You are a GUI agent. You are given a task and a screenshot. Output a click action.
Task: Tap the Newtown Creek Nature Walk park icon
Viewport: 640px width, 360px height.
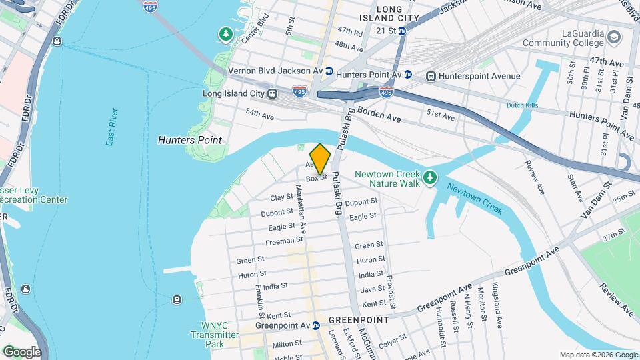pos(431,177)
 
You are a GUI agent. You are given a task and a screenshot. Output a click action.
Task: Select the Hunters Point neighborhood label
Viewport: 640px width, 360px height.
pos(189,140)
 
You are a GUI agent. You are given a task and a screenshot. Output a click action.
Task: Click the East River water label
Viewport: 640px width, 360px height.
pos(111,127)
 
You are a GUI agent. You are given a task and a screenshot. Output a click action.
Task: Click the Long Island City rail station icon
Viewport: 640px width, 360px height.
pos(272,94)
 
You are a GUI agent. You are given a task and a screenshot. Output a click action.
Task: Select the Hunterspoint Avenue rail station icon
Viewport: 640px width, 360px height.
pos(431,76)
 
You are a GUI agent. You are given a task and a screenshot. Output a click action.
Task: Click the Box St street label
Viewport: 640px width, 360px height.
pos(316,178)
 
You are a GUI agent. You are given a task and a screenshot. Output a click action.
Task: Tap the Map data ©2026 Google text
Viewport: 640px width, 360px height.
pos(598,355)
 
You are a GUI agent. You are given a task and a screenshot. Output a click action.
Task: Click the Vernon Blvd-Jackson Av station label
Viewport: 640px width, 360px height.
pos(275,70)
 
